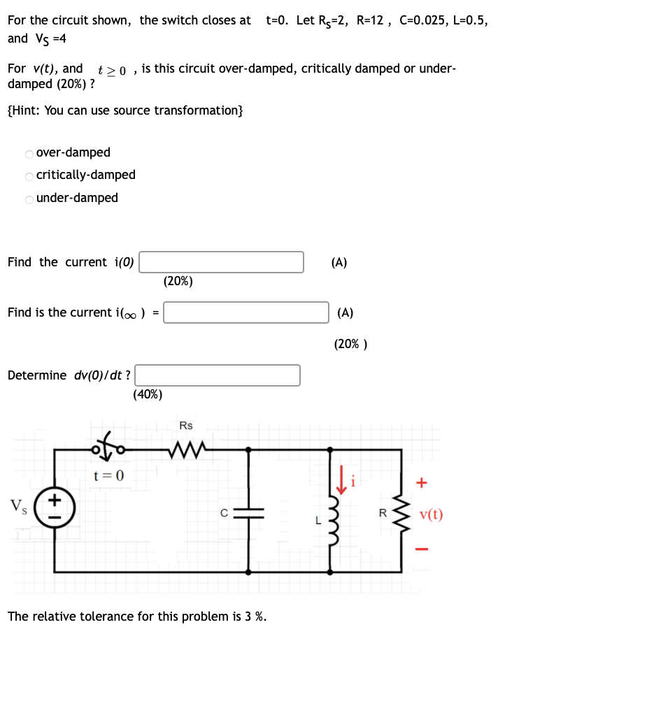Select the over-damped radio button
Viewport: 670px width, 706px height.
29,153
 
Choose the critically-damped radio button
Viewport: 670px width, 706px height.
29,175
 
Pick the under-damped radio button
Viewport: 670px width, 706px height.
29,199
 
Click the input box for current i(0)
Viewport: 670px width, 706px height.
222,262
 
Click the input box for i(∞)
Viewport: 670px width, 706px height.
246,312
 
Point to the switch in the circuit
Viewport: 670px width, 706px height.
111,447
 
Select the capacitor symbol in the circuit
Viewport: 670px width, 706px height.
249,512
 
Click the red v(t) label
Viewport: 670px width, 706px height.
431,515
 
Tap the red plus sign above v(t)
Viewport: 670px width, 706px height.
421,482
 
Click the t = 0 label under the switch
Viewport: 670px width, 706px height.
108,476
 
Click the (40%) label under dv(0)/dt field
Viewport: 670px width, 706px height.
148,394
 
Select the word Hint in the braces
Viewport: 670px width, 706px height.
26,110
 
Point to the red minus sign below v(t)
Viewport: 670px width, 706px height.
421,547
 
